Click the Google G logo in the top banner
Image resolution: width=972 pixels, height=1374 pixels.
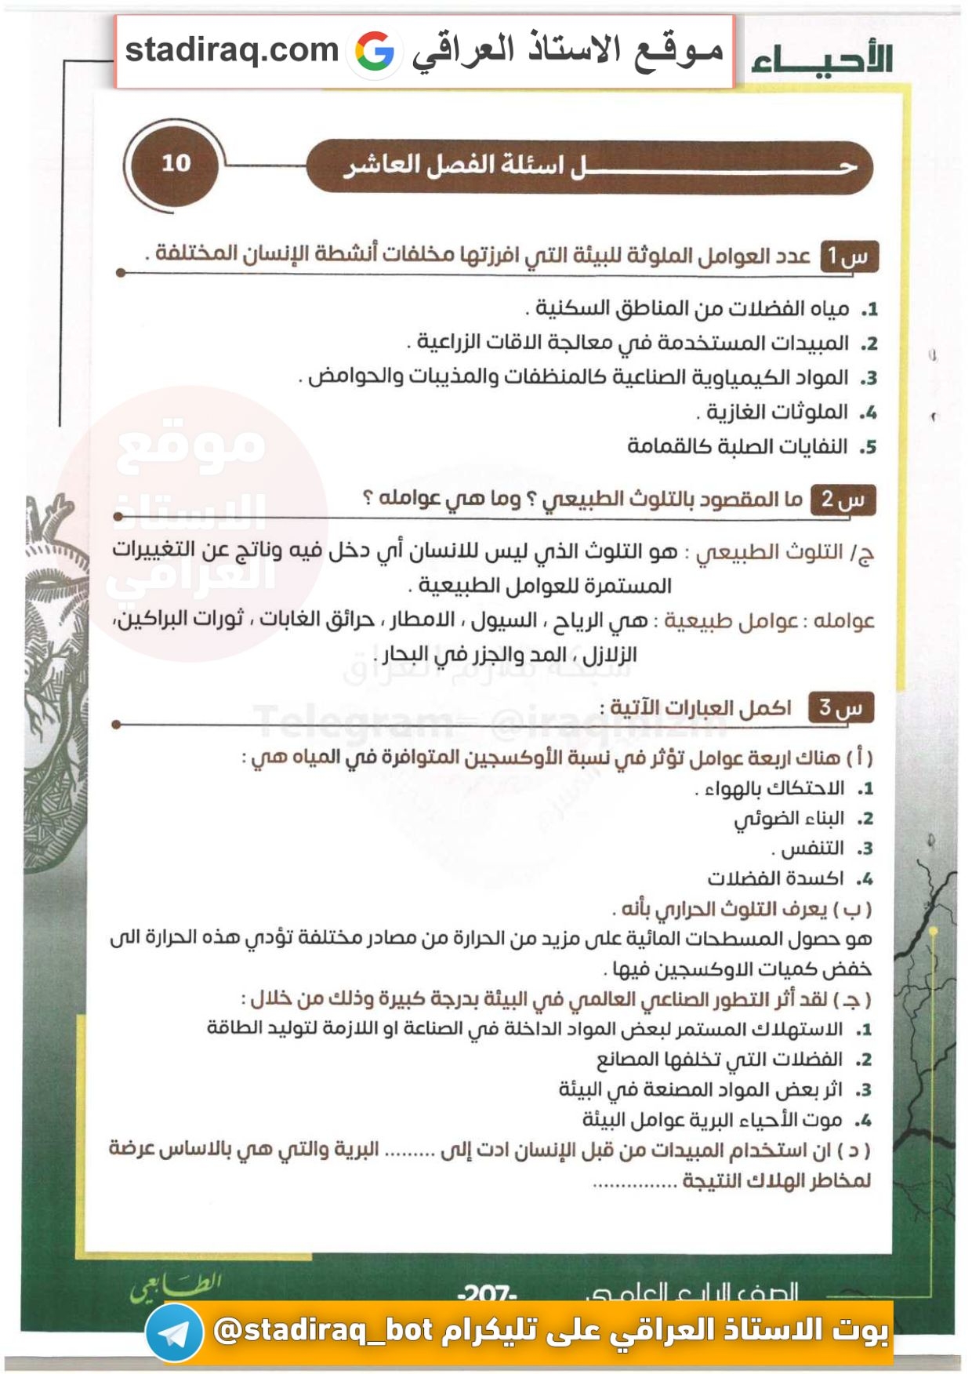[x=375, y=52]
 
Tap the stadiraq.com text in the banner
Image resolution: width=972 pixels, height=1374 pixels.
[x=231, y=50]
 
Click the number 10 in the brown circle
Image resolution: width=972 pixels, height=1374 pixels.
[x=176, y=163]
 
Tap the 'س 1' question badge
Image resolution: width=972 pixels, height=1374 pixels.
[x=849, y=256]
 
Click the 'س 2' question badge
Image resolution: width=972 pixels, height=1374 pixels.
[x=843, y=500]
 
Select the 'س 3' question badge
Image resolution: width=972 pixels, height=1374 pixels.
[x=841, y=708]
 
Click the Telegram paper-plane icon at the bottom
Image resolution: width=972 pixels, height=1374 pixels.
[x=174, y=1332]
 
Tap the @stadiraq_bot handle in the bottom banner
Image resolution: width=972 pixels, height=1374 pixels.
[x=323, y=1330]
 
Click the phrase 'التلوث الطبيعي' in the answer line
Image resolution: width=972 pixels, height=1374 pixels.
[x=769, y=552]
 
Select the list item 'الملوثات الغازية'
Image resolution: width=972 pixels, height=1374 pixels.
[x=777, y=412]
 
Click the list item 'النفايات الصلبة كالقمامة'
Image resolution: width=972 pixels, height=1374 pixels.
[x=737, y=446]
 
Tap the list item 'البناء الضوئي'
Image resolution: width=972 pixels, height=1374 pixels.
[x=789, y=819]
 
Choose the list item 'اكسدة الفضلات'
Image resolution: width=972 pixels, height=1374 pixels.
[x=775, y=878]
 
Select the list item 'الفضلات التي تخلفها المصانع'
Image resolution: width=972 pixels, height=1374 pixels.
[x=719, y=1060]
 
